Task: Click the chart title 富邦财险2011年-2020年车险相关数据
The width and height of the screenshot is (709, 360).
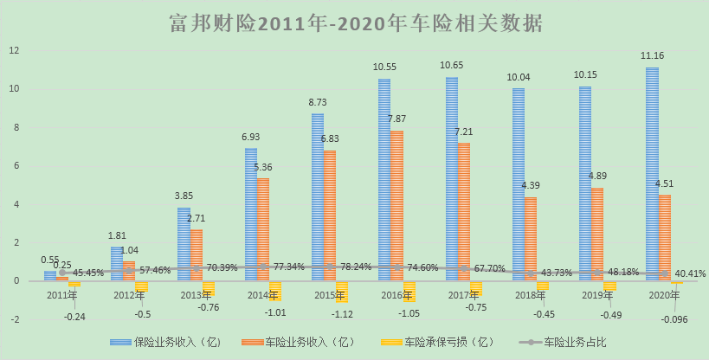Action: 355,22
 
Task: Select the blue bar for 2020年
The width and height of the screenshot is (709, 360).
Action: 652,174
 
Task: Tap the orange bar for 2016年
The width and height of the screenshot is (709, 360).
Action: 396,206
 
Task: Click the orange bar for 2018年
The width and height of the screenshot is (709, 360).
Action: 531,239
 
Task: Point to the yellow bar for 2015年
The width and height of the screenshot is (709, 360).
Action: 341,291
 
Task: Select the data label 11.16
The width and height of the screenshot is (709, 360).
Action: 652,56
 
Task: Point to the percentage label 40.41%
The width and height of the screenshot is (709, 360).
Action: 689,273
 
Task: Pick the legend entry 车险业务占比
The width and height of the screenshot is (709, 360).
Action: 570,342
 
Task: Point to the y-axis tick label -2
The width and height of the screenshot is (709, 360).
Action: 14,319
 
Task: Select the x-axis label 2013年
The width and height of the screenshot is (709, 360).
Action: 197,294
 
